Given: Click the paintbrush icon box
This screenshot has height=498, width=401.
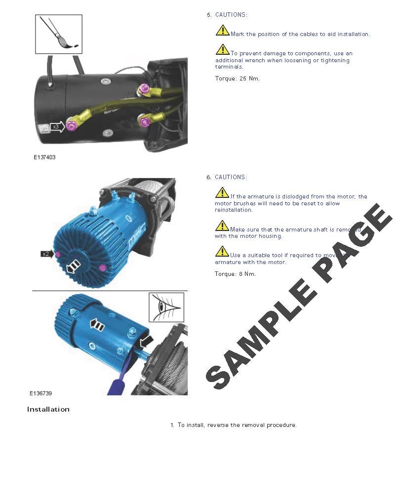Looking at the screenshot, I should (x=58, y=34).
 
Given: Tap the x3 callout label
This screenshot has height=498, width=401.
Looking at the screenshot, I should (x=56, y=127).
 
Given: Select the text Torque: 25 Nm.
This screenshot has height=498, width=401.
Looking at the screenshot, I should (x=237, y=78).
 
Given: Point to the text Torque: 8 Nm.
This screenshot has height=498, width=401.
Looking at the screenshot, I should (x=235, y=274).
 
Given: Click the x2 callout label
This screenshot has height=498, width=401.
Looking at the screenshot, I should (x=46, y=254).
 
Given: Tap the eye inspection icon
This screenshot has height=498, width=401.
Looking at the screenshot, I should (x=166, y=307).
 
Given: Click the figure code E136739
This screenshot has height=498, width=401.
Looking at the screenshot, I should (x=40, y=393).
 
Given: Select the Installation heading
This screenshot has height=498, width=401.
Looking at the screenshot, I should (x=48, y=409).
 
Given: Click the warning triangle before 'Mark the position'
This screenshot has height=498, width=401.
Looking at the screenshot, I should (x=222, y=31).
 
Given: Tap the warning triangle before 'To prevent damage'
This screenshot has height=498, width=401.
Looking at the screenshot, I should (x=222, y=50).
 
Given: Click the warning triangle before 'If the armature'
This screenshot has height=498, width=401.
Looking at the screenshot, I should (x=222, y=193).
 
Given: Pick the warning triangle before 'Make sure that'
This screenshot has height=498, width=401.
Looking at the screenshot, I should (x=222, y=226).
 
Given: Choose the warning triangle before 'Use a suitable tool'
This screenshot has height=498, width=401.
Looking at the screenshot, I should (x=222, y=252).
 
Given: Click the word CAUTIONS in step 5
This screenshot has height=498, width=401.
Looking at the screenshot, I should (x=231, y=15).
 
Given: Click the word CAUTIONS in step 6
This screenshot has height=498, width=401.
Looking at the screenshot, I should (x=231, y=177).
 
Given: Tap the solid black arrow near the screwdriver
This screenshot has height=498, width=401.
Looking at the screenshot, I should (x=147, y=341).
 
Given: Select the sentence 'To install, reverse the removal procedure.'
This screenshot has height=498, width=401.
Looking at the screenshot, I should (x=237, y=425).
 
